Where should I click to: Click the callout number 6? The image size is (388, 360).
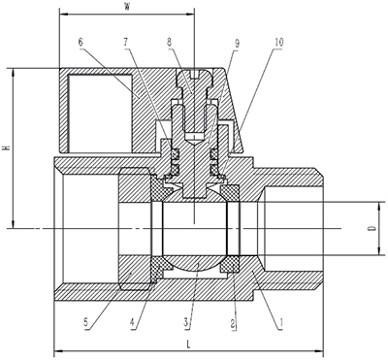click(x=81, y=42)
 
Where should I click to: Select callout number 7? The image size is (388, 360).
click(x=125, y=42)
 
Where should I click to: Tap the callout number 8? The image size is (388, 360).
click(x=169, y=42)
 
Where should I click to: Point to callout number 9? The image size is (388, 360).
click(x=237, y=44)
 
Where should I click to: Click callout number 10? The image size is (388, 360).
click(x=279, y=42)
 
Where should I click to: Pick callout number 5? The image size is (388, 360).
click(x=85, y=322)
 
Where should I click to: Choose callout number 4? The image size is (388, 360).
click(x=132, y=322)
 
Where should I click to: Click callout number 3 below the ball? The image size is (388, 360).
click(x=185, y=322)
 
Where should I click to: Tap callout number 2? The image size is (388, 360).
click(x=232, y=322)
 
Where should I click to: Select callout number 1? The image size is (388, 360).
click(x=281, y=322)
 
